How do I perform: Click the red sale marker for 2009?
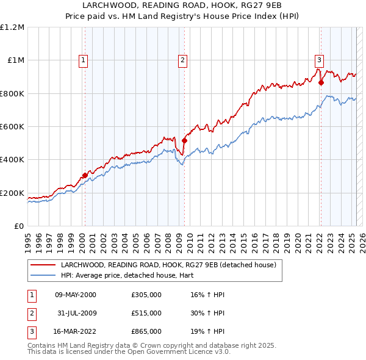coord(184,141)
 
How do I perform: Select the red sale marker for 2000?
coord(85,175)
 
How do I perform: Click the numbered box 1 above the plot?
coord(83,60)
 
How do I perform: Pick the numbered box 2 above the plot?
coord(182,60)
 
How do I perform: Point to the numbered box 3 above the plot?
coord(319,60)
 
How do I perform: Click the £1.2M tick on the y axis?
coord(12,27)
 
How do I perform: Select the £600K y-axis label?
coord(12,127)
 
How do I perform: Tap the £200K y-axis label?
coord(12,193)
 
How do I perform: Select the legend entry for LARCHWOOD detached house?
coord(168,265)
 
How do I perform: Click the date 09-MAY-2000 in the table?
coord(76,295)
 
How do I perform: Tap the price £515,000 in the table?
coord(146,313)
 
